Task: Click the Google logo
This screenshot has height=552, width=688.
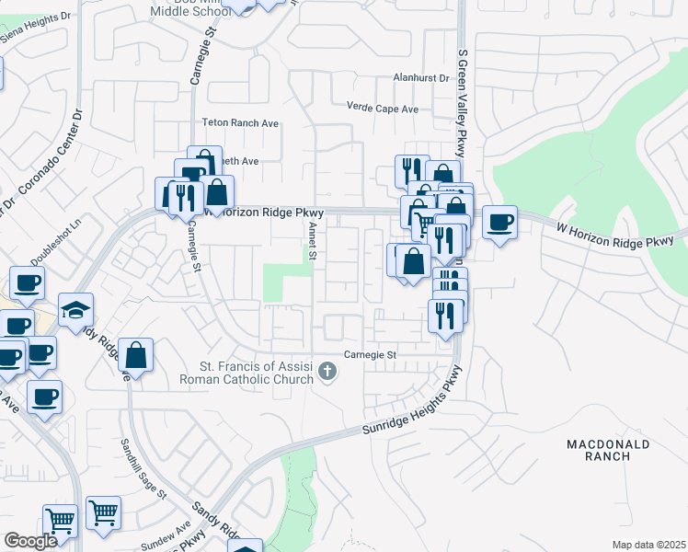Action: coord(30,540)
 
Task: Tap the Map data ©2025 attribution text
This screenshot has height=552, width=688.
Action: coord(648,545)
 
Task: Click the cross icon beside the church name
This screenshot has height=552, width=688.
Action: coord(327,373)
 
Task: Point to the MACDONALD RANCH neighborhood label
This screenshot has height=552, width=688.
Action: coord(608,452)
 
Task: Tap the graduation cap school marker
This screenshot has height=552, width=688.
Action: coord(75,310)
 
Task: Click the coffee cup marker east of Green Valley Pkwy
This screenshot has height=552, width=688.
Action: coord(499,223)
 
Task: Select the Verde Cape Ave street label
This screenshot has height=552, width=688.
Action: coord(382,109)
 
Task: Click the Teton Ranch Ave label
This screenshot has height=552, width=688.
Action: coord(240,122)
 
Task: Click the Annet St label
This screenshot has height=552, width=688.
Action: coord(313,242)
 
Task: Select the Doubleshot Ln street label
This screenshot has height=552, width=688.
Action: coord(55,238)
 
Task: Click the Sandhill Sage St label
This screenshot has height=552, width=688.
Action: coord(143,467)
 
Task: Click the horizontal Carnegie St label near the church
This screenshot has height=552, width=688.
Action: coord(370,354)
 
